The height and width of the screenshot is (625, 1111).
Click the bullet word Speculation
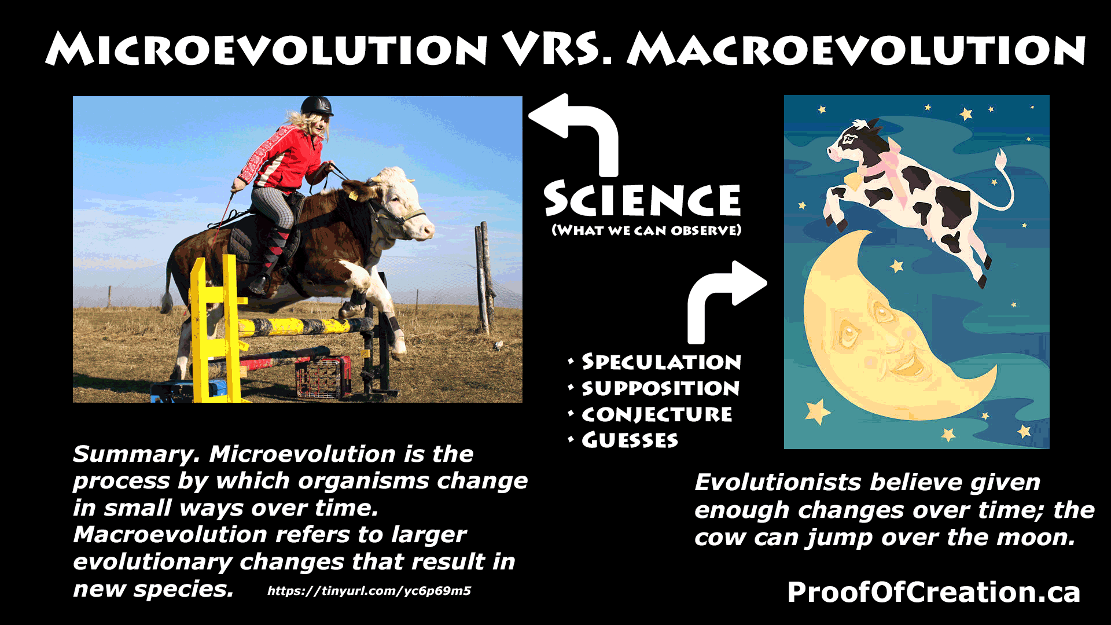[661, 362]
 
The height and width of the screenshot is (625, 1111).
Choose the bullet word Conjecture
[657, 414]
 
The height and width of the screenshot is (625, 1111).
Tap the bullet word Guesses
[630, 440]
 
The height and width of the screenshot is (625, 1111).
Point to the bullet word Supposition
[660, 388]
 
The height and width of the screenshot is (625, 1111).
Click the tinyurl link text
[369, 591]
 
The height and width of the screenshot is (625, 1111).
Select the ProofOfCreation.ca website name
[933, 592]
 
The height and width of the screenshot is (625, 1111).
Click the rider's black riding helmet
[316, 106]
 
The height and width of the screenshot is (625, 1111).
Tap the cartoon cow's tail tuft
[1000, 157]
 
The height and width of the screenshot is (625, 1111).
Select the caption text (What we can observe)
[646, 230]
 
